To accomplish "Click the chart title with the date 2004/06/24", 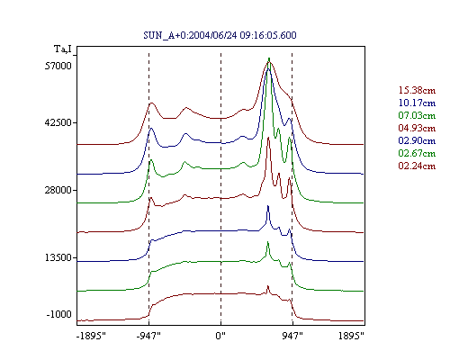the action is [x=220, y=35].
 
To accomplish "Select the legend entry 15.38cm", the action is [x=417, y=90].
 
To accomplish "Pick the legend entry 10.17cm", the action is [x=417, y=103].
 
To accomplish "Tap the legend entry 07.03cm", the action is [x=417, y=115].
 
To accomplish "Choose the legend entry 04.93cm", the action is [x=417, y=128].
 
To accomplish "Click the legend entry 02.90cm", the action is [x=417, y=140].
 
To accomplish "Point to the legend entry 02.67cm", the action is [x=417, y=153].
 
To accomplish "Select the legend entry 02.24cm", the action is [x=417, y=166].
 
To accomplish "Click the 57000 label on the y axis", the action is [x=58, y=66].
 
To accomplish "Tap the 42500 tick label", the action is [x=58, y=122].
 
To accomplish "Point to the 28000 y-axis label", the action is [x=58, y=190].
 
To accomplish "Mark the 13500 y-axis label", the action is [x=58, y=257].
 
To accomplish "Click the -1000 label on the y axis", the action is [x=59, y=314].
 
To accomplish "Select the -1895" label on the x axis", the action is [x=92, y=336].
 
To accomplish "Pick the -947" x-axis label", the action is [x=148, y=336].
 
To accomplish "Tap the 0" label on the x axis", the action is [x=220, y=336].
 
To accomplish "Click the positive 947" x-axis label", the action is [x=292, y=336].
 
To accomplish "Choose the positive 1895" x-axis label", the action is [x=351, y=336].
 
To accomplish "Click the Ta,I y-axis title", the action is [x=63, y=49].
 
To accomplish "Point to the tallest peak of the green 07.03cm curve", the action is [x=269, y=58].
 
